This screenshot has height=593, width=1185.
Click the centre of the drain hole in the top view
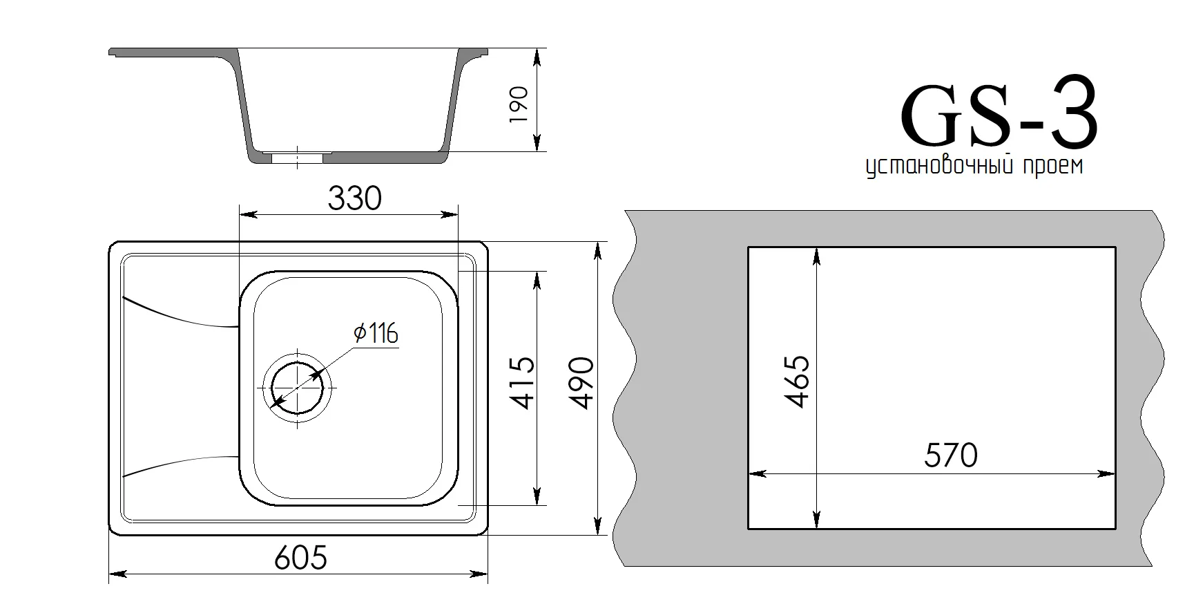pyautogui.click(x=298, y=388)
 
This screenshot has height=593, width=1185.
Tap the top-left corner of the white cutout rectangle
pyautogui.click(x=749, y=247)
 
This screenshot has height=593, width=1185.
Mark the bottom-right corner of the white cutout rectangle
pyautogui.click(x=1116, y=529)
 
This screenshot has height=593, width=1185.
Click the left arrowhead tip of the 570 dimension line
pyautogui.click(x=750, y=474)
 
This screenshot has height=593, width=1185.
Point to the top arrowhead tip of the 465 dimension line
pyautogui.click(x=817, y=248)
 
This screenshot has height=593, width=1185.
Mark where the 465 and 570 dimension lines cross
pyautogui.click(x=817, y=474)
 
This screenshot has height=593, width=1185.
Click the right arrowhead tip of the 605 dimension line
pyautogui.click(x=488, y=574)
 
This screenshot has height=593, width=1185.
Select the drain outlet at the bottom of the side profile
pyautogui.click(x=297, y=158)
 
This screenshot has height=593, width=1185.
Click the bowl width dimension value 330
pyautogui.click(x=354, y=199)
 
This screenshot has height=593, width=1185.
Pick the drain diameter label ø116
pyautogui.click(x=376, y=334)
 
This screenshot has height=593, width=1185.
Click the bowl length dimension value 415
pyautogui.click(x=523, y=382)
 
